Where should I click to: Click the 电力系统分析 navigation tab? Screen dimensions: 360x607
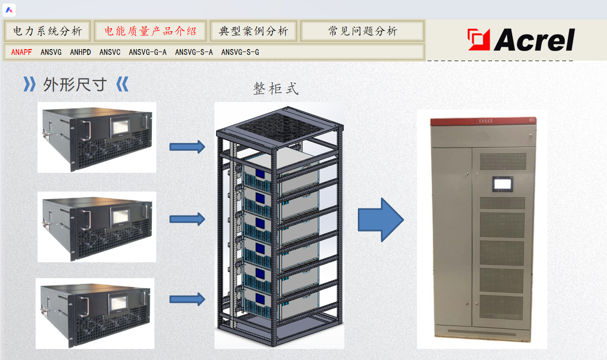(47, 31)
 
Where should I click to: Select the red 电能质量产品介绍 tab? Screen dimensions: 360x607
(151, 31)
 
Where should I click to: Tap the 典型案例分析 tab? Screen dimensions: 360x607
(253, 31)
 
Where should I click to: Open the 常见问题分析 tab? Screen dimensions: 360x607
(363, 31)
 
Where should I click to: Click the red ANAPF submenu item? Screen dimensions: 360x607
(22, 52)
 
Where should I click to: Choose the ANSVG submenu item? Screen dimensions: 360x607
(51, 52)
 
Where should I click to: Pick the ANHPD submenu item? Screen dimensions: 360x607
(80, 52)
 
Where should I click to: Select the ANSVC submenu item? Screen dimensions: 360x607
(110, 52)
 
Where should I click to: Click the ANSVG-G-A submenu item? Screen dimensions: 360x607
(148, 52)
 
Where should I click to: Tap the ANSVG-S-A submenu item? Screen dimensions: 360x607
(194, 52)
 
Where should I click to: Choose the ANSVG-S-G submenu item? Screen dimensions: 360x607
(240, 52)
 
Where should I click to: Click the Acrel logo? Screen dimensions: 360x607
(521, 39)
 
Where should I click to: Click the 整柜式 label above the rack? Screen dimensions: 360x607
(276, 89)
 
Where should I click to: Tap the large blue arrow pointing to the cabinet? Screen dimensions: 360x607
(380, 219)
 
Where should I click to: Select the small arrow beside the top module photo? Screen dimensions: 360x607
(187, 146)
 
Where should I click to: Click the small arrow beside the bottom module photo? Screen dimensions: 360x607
(187, 299)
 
